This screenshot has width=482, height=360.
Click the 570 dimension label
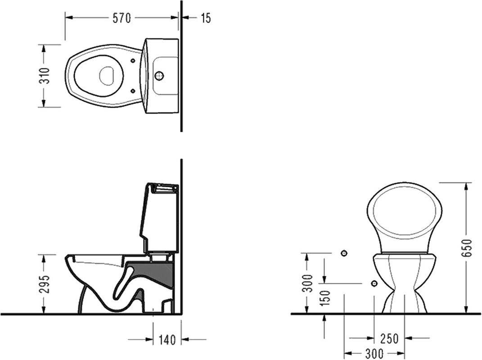pyautogui.click(x=122, y=18)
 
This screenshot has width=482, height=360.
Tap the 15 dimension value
pyautogui.click(x=206, y=18)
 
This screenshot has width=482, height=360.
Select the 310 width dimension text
pyautogui.click(x=45, y=76)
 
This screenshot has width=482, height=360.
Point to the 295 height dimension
pyautogui.click(x=45, y=284)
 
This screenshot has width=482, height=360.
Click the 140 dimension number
pyautogui.click(x=167, y=340)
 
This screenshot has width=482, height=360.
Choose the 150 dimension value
pyautogui.click(x=325, y=297)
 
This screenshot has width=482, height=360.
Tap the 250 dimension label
pyautogui.click(x=389, y=338)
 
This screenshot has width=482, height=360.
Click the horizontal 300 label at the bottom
pyautogui.click(x=374, y=354)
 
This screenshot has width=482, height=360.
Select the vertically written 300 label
pyautogui.click(x=307, y=283)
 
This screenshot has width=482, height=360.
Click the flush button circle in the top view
pyautogui.click(x=159, y=75)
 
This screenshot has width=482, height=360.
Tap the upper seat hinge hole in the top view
pyautogui.click(x=133, y=61)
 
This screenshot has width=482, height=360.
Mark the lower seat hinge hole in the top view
pyautogui.click(x=133, y=90)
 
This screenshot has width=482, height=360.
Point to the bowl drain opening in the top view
pyautogui.click(x=106, y=76)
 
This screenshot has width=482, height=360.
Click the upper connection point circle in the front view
pyautogui.click(x=344, y=253)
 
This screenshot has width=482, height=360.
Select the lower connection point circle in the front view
pyautogui.click(x=374, y=283)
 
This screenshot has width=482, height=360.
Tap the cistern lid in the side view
pyautogui.click(x=163, y=188)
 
